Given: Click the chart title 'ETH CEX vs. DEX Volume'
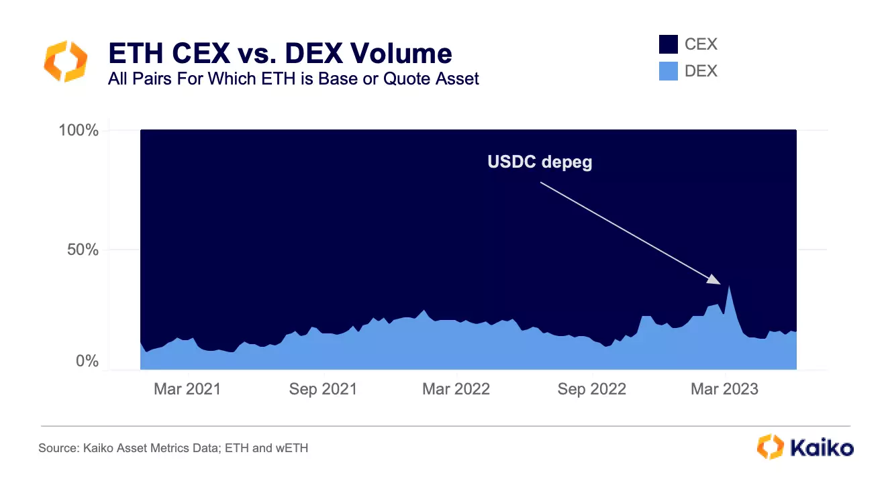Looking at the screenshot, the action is coord(280,53).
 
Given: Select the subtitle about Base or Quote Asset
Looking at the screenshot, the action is coord(293,78).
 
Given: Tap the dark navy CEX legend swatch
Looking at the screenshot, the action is coord(668,44).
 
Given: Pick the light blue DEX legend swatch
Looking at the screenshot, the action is coord(668,71).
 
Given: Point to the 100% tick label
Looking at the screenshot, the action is coord(79,130).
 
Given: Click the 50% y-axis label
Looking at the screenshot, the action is coord(83,250).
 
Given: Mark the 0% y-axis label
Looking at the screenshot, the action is coord(87,361).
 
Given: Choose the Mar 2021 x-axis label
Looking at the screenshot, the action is coord(187,389).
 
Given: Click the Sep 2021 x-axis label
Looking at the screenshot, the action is coord(323,389).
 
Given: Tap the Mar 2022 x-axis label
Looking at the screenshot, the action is coord(456,389).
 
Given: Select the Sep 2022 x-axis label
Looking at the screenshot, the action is coord(592,389).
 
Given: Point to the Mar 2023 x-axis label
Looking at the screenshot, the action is coord(725,389).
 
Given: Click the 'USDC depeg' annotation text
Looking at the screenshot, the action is coord(540,162).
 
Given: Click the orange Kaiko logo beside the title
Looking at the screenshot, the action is coord(66,61).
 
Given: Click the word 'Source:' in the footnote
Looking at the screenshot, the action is coord(59,448).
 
